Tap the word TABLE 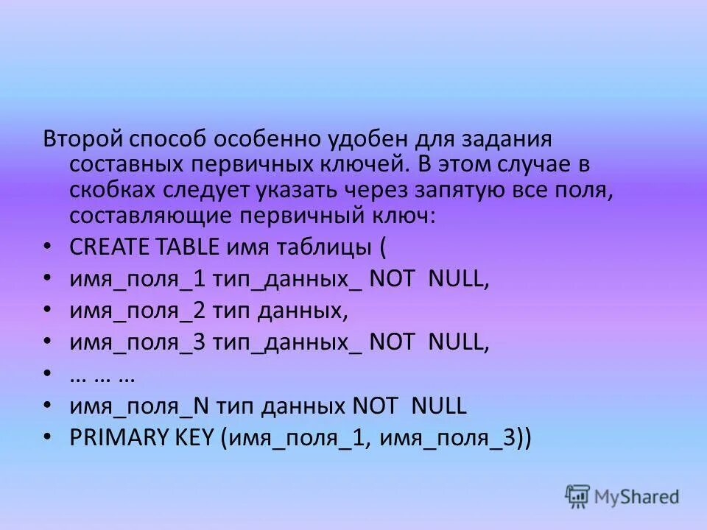(190, 248)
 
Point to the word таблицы (329, 248)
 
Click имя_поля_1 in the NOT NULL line (136, 280)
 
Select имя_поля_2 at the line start (137, 311)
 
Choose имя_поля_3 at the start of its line (137, 343)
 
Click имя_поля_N (138, 406)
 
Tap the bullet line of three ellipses (102, 375)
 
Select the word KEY (194, 438)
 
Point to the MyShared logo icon (578, 497)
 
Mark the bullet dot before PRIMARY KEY (48, 437)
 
